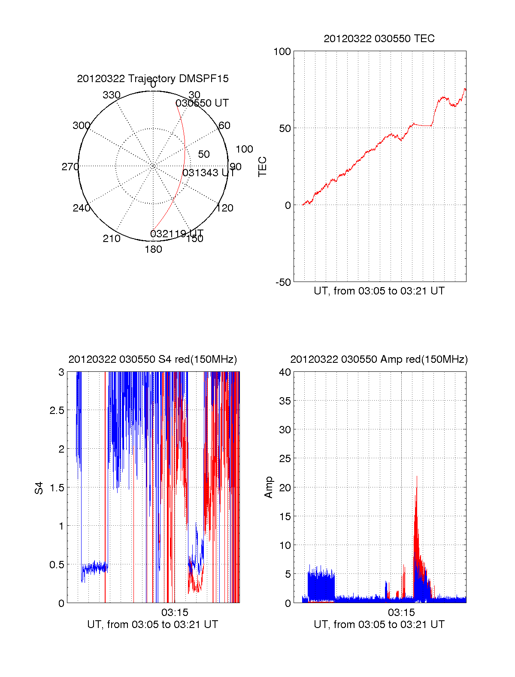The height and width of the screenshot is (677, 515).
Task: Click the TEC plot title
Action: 379,39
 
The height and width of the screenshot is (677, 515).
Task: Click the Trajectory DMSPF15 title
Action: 153,79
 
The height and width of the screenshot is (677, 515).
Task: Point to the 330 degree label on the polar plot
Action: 112,95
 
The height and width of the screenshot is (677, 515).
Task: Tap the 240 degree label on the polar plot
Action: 82,208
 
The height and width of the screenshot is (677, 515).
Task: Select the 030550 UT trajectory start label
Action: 202,103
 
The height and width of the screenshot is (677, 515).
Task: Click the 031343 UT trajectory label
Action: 209,173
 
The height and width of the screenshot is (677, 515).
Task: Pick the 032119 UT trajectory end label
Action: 177,233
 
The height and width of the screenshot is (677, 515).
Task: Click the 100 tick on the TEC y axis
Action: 282,52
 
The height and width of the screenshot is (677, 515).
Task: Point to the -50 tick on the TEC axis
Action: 283,282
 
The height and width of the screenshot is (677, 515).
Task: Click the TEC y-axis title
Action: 262,167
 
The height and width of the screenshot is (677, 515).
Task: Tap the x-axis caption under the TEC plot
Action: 379,291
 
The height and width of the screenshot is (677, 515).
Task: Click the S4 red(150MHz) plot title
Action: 153,359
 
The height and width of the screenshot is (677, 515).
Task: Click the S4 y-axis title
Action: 39,488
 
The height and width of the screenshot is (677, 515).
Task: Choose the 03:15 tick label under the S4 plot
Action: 175,612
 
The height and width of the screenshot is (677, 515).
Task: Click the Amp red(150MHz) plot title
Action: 379,359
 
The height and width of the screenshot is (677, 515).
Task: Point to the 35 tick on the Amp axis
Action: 285,401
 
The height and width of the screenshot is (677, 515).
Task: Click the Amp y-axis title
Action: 269,487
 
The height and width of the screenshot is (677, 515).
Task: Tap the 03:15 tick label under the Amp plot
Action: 401,612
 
